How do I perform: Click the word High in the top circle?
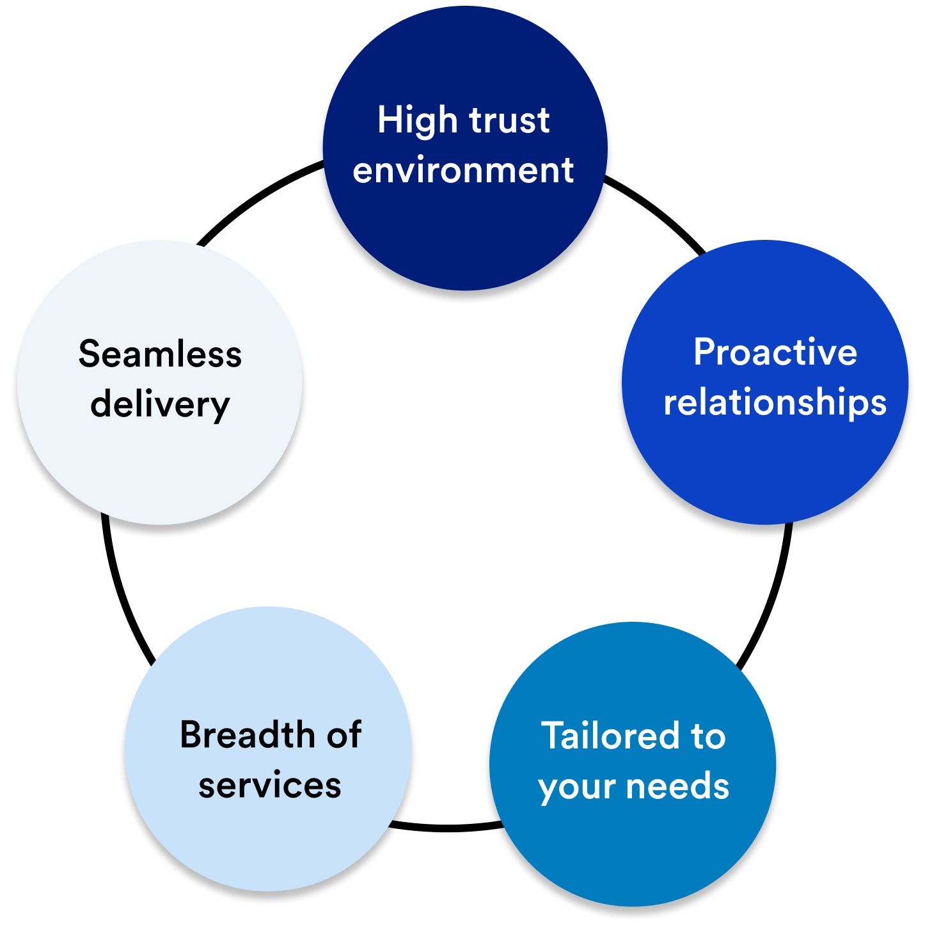417,121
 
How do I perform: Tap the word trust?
509,121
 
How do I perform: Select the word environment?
463,170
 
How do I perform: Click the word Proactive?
775,352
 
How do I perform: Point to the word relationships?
775,403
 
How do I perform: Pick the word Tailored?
610,736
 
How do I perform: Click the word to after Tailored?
708,736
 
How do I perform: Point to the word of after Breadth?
344,734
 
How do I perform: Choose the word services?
269,786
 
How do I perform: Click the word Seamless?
160,354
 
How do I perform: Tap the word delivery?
160,405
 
